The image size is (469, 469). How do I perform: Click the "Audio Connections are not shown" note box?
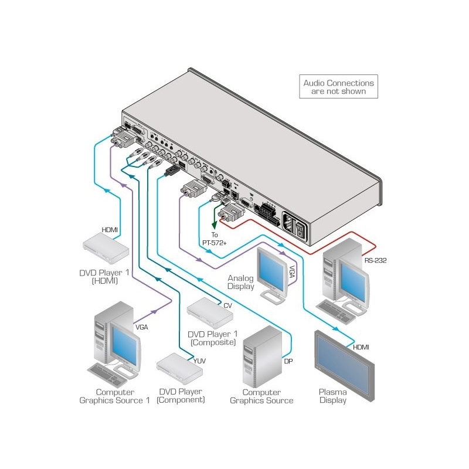(338, 87)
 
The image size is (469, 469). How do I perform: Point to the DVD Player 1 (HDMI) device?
(106, 249)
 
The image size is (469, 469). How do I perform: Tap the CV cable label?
(227, 305)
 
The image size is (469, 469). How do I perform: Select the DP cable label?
(288, 361)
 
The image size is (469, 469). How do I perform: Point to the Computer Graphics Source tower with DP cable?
(263, 358)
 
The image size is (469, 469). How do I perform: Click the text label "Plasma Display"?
(332, 396)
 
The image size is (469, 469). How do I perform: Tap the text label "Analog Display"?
(242, 283)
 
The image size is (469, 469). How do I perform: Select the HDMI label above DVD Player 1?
(110, 230)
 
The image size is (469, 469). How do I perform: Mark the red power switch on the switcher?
(300, 229)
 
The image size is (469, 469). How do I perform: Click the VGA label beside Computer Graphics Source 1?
(141, 327)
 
